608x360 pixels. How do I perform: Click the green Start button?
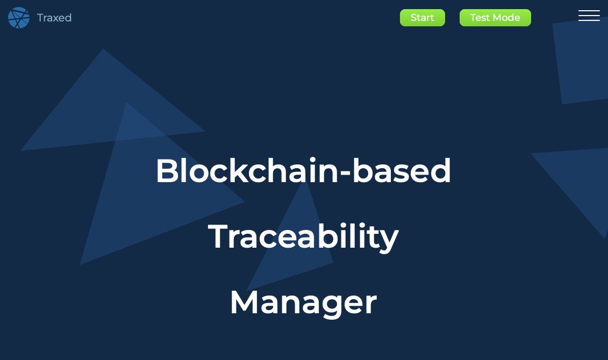pos(422,18)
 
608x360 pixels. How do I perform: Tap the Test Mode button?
pos(495,18)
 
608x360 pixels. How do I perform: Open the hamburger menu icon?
pos(589,16)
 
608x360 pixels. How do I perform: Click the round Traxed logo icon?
pos(19,18)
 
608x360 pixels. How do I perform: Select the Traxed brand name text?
pos(54,18)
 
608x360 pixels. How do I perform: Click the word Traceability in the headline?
pos(303,237)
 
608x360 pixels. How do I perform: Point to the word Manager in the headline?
pos(303,303)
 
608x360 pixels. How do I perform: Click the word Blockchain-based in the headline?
pos(303,171)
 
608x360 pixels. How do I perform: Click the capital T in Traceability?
pos(218,237)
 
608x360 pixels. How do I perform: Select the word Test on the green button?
pos(480,18)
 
